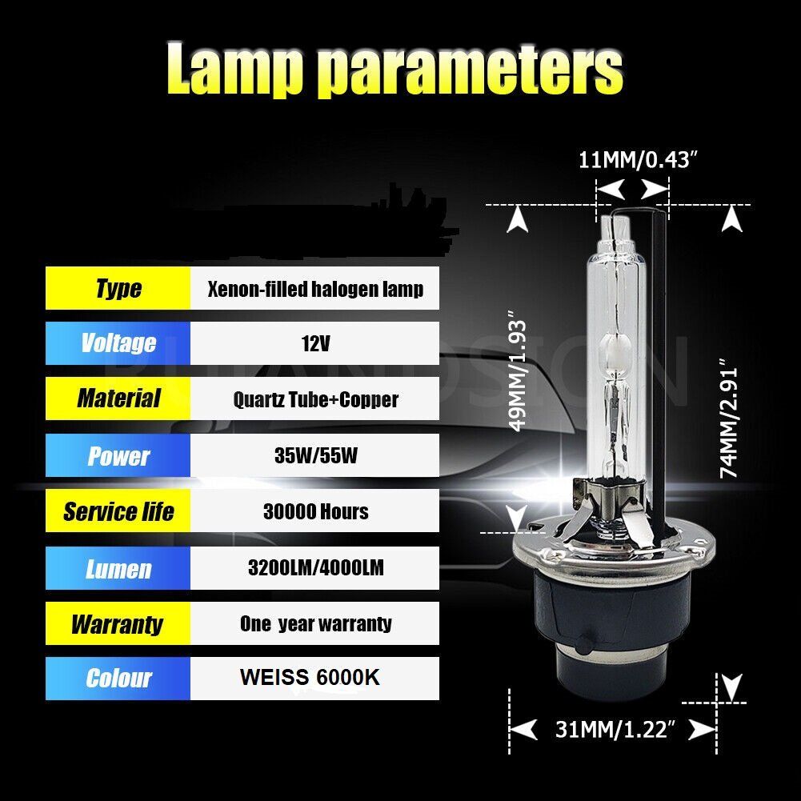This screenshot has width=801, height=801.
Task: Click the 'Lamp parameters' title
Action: tap(394, 69)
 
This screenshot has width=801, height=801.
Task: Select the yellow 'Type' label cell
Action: tap(118, 288)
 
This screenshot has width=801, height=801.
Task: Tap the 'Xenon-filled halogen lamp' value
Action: tap(315, 289)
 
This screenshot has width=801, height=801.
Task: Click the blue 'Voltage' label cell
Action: tap(118, 343)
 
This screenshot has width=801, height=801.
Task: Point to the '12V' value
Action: tap(315, 343)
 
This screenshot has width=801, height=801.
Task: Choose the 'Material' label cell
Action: tap(118, 398)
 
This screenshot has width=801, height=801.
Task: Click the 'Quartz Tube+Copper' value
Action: tap(315, 399)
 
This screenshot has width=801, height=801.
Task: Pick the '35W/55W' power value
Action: tap(315, 455)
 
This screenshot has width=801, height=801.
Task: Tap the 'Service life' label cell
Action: tap(118, 511)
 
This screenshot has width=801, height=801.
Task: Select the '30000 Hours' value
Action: tap(315, 511)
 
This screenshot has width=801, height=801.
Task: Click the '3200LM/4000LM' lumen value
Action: tap(315, 567)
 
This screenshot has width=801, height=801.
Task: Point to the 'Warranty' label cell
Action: tap(118, 623)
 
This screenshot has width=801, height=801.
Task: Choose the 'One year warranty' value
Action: tap(315, 623)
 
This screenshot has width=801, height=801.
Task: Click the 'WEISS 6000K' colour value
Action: tap(310, 678)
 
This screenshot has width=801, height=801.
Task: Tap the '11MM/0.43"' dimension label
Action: tap(638, 159)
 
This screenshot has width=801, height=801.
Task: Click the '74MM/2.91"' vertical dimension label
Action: tap(729, 418)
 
